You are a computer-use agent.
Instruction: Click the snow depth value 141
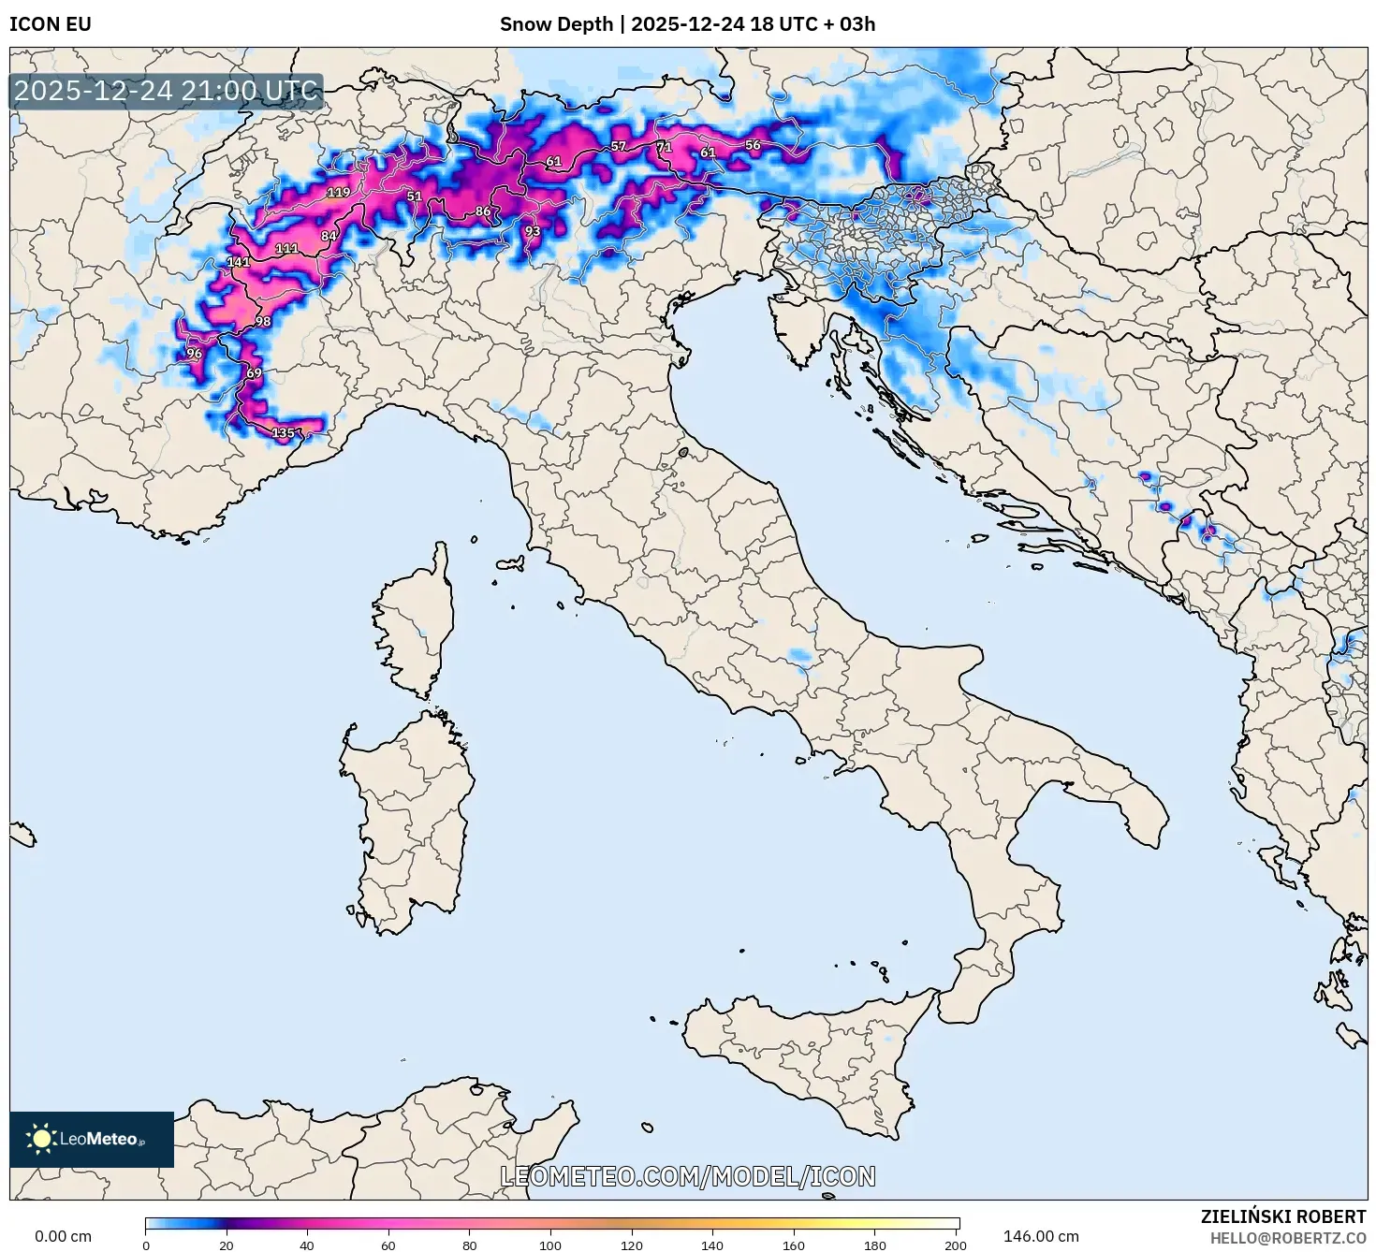point(238,262)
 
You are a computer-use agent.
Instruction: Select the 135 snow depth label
point(283,432)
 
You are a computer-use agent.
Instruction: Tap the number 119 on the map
point(338,193)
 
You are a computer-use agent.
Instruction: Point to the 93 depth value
point(532,231)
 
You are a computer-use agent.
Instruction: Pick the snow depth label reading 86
point(482,211)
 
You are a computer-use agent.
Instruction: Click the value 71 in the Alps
point(663,147)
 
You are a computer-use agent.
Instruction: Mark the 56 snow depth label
point(752,145)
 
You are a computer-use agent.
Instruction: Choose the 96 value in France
point(194,354)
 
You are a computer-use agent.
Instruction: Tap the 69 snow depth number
point(254,373)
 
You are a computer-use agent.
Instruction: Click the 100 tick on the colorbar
point(550,1245)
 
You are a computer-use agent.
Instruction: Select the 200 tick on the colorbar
point(955,1245)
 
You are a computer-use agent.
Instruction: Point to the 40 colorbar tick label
point(307,1245)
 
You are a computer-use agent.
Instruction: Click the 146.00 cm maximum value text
point(1041,1236)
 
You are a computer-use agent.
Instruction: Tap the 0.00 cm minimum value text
point(63,1236)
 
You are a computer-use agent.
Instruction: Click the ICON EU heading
point(51,23)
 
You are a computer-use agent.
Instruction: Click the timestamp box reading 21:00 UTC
point(166,91)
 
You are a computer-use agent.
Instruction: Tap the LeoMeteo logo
point(91,1139)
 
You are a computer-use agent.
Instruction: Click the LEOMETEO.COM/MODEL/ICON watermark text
point(688,1176)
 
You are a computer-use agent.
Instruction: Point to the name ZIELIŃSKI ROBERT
point(1282,1216)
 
